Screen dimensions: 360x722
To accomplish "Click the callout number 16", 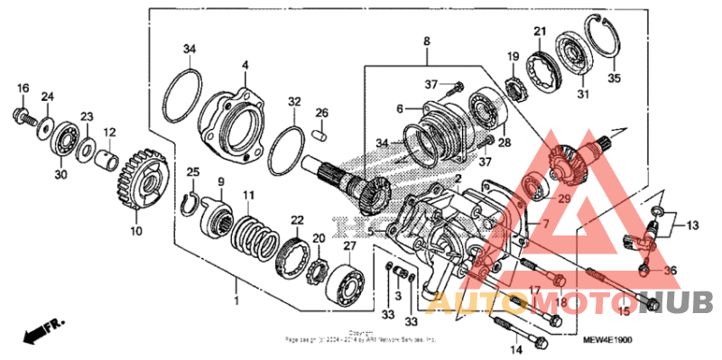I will [23, 88].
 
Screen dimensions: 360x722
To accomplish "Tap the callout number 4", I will [245, 64].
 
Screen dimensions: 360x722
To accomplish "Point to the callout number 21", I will [539, 32].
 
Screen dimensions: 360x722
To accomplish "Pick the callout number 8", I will [426, 41].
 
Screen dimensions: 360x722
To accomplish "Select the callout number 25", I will [191, 172].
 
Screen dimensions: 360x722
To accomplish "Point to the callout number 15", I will [622, 311].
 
